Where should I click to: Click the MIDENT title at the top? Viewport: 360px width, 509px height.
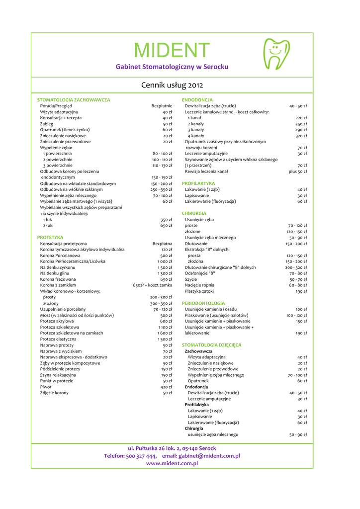coord(172,50)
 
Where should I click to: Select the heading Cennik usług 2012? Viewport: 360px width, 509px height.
coord(172,85)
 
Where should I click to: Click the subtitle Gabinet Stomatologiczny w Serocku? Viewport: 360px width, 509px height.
coord(172,66)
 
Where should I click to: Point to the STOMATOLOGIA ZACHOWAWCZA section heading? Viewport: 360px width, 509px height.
coord(74,100)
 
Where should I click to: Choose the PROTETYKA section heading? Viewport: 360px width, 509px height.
coord(50,238)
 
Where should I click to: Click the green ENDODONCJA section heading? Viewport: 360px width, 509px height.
coord(197,100)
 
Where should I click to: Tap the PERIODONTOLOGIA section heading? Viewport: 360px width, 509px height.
coord(203,303)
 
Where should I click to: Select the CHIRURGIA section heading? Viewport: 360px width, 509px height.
coord(194,214)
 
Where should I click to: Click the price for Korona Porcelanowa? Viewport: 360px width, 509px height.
coord(166,255)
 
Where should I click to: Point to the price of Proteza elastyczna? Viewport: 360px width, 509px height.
coord(165,339)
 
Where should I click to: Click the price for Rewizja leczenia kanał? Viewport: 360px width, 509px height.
coord(297,171)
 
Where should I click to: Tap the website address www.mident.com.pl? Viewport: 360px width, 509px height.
coord(172,463)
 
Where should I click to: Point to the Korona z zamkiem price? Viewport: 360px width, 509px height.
coord(153,285)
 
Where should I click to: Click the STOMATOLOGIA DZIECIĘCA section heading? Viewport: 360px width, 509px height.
coord(211,345)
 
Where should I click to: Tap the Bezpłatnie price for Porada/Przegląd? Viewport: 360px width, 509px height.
coord(162,106)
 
